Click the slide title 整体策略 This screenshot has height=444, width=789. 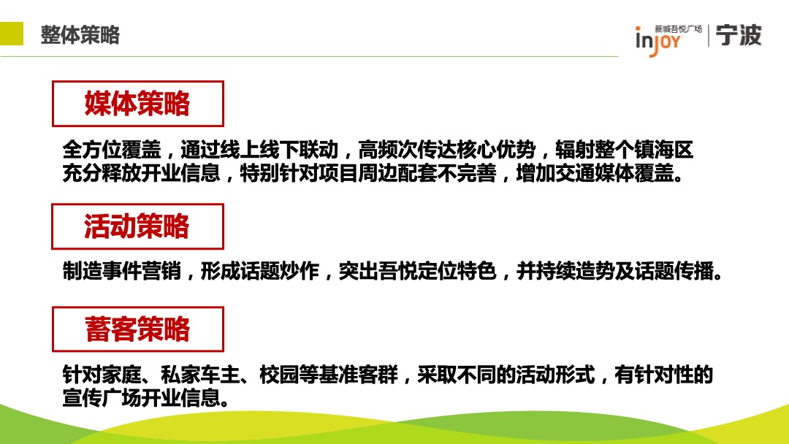80,35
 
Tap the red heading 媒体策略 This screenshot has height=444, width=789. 137,104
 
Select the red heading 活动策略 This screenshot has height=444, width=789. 137,226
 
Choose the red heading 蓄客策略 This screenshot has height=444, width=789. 137,329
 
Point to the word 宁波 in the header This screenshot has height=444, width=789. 739,35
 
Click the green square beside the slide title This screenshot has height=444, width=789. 10,34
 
